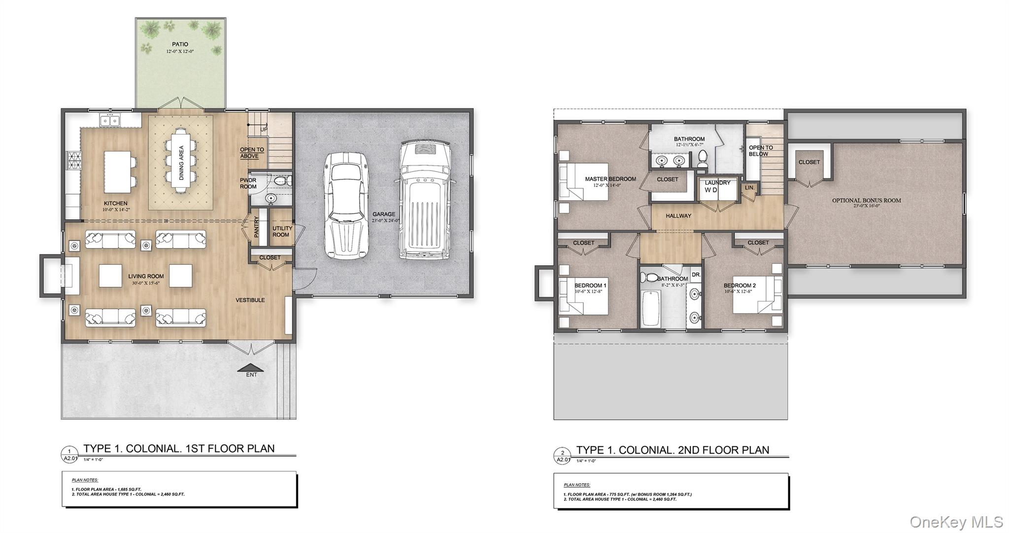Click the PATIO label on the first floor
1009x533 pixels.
pyautogui.click(x=180, y=44)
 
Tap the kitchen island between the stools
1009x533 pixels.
pyautogui.click(x=116, y=172)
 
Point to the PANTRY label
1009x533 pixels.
pyautogui.click(x=256, y=227)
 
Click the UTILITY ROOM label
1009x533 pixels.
pyautogui.click(x=282, y=231)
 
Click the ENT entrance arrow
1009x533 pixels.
pyautogui.click(x=251, y=368)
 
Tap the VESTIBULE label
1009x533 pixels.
pyautogui.click(x=250, y=300)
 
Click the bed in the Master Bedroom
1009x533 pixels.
pyautogui.click(x=584, y=181)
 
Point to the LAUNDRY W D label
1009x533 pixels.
pyautogui.click(x=717, y=186)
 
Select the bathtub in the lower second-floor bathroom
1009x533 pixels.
pyautogui.click(x=651, y=308)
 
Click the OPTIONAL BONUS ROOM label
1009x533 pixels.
pyautogui.click(x=866, y=201)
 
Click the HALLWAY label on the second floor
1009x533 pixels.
pyautogui.click(x=678, y=215)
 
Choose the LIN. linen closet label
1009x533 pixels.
pyautogui.click(x=749, y=188)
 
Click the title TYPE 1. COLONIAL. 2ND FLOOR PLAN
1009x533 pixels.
pyautogui.click(x=673, y=450)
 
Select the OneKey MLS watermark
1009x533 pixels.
pyautogui.click(x=956, y=522)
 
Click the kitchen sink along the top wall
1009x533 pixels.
pyautogui.click(x=109, y=120)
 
